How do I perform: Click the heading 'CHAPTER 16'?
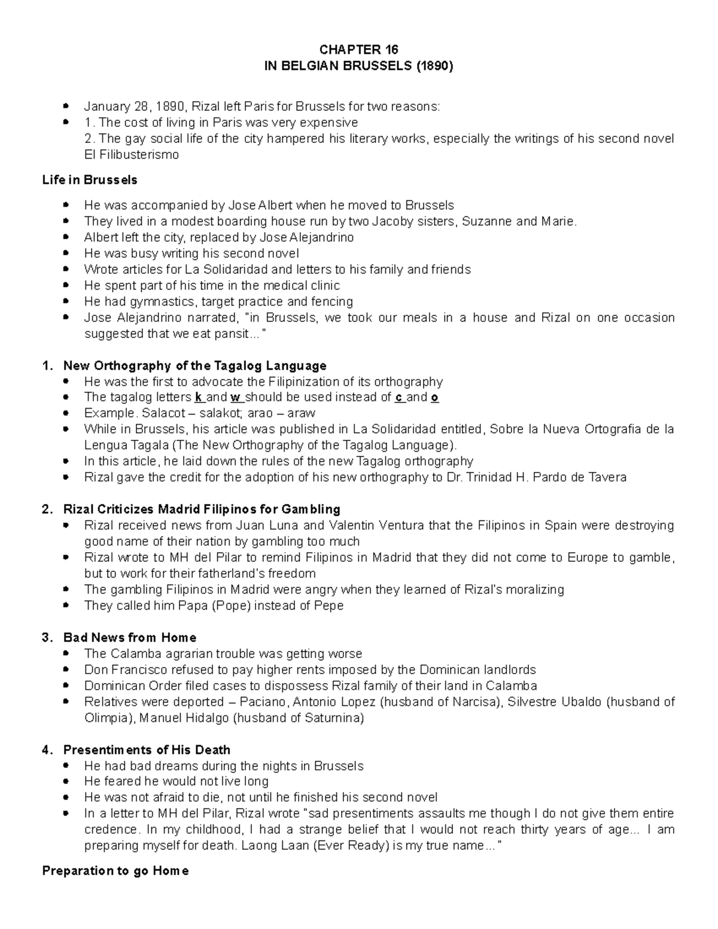[x=358, y=49]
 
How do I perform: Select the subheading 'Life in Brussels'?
[x=90, y=180]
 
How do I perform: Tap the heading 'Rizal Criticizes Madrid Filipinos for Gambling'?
[x=202, y=510]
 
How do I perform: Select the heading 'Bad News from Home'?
[x=130, y=638]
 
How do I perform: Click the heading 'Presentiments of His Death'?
[x=147, y=750]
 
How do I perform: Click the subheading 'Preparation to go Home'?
[x=115, y=871]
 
